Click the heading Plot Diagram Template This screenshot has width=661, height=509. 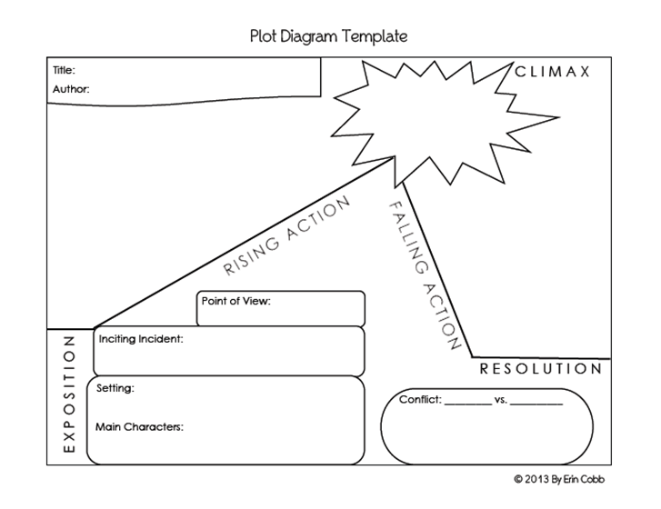[328, 36]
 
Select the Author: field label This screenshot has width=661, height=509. [72, 89]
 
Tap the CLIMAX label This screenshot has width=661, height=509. [553, 71]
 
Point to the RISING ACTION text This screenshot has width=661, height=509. [287, 236]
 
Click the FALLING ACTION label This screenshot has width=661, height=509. [423, 276]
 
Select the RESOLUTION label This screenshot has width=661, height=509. [540, 369]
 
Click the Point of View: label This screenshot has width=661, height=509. [236, 301]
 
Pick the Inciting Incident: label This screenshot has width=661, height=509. [140, 339]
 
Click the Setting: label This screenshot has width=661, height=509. [115, 388]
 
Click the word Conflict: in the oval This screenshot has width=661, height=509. [419, 399]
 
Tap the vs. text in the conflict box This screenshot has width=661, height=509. [501, 399]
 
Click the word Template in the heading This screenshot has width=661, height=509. [376, 36]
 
